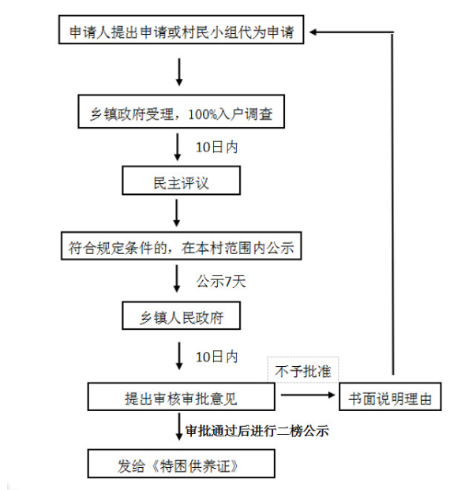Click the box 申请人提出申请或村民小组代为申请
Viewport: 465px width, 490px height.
point(181,29)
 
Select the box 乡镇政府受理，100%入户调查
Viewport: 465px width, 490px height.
point(181,111)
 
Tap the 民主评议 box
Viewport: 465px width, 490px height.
point(181,181)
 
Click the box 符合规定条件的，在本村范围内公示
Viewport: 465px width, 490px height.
point(181,245)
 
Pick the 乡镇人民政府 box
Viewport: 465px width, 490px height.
point(181,316)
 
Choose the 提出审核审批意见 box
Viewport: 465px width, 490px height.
point(181,397)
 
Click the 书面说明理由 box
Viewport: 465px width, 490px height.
point(390,396)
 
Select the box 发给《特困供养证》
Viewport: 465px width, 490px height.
point(181,463)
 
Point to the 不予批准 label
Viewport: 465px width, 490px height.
point(302,372)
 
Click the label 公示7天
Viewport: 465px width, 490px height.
point(221,281)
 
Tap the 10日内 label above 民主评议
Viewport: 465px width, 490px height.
point(216,148)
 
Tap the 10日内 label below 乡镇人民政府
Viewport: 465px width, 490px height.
point(216,357)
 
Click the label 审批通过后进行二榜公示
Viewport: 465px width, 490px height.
point(257,431)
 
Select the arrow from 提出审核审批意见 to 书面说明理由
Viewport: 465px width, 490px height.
point(308,395)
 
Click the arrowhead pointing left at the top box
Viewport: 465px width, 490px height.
point(313,32)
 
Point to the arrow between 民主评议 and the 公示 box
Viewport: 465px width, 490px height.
point(177,213)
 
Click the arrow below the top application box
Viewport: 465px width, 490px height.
point(179,72)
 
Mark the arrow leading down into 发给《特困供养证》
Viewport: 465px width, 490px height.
point(179,427)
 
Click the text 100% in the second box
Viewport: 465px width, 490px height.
point(203,114)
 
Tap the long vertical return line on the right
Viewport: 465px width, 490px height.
point(393,203)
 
